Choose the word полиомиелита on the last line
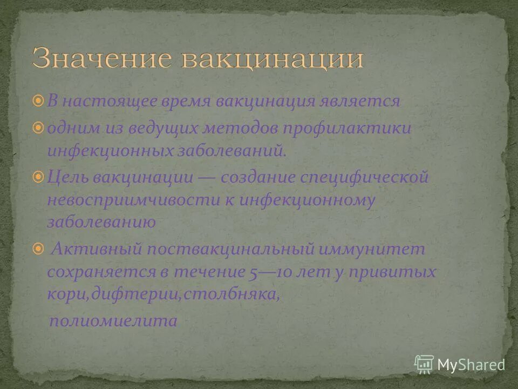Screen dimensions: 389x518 click(x=113, y=321)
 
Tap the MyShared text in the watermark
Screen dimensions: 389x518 click(x=471, y=364)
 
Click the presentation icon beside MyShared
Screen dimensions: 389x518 click(x=424, y=364)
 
